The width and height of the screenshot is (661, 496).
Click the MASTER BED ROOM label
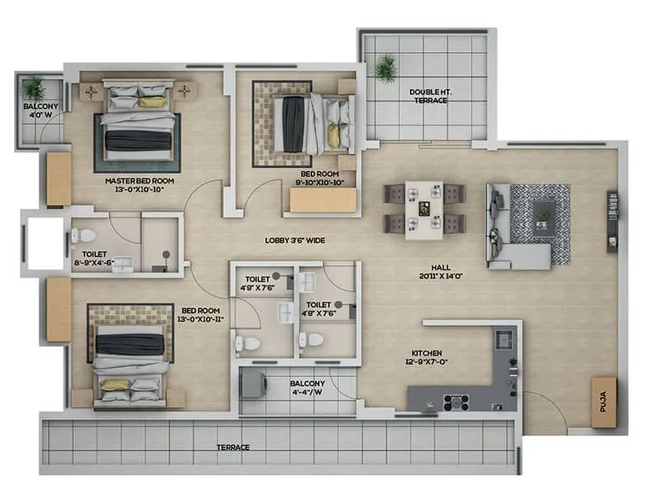point(139,184)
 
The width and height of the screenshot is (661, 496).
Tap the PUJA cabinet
point(603,402)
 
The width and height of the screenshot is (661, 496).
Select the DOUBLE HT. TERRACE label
point(430,95)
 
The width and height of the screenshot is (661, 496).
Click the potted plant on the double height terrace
point(385,68)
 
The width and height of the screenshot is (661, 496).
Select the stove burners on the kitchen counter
point(455,403)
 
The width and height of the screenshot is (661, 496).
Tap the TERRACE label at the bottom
point(234,447)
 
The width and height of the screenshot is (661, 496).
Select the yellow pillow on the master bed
point(152,102)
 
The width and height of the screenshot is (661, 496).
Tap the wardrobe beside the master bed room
point(59,179)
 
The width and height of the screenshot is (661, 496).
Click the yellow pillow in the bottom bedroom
point(116,384)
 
